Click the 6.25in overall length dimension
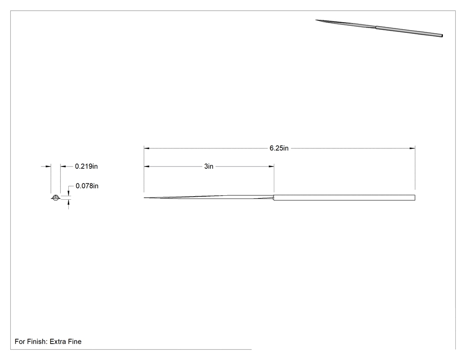pyautogui.click(x=279, y=148)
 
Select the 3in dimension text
pyautogui.click(x=209, y=166)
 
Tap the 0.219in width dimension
pyautogui.click(x=86, y=166)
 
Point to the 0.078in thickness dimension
pyautogui.click(x=87, y=186)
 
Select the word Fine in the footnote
pyautogui.click(x=75, y=341)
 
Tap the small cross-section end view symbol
pyautogui.click(x=55, y=198)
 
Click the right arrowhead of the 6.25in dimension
pyautogui.click(x=412, y=148)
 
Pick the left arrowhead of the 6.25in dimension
pyautogui.click(x=146, y=148)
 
